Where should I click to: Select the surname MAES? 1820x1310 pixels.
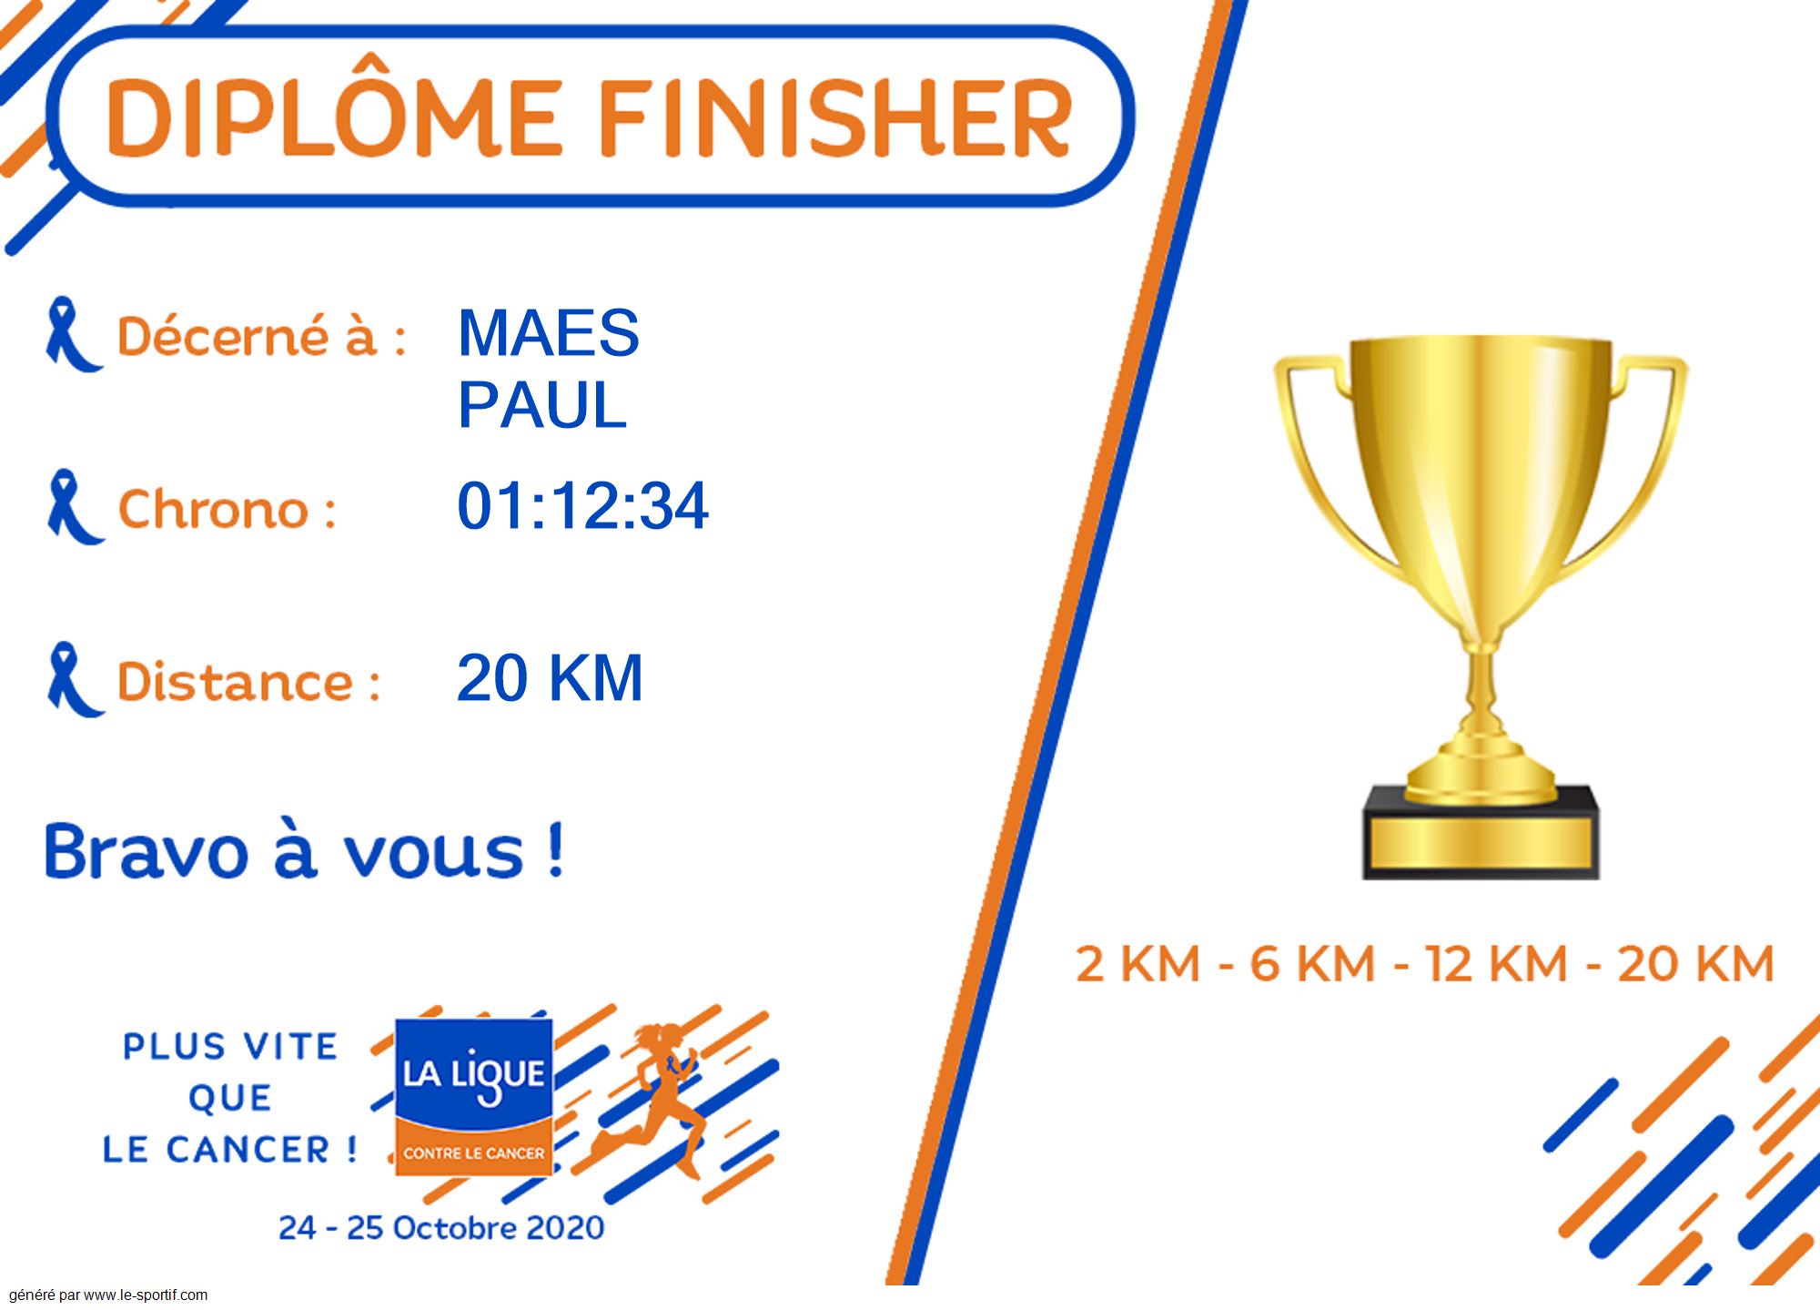[549, 333]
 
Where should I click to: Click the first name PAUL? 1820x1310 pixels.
[542, 405]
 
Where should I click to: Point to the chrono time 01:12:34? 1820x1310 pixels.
[582, 506]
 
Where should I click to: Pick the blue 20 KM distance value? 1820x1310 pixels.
[550, 678]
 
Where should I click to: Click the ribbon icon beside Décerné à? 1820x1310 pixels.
[72, 334]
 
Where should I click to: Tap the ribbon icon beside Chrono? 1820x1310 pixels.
[74, 507]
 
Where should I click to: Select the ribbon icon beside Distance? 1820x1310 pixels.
[74, 679]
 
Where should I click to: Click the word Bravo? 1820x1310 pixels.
[147, 852]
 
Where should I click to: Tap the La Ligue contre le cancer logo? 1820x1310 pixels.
[473, 1096]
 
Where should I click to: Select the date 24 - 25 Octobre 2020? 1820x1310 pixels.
[441, 1228]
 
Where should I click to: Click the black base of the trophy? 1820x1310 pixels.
[1481, 833]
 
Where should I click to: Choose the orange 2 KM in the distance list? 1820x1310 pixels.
[1137, 964]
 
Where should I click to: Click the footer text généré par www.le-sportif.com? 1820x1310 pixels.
[108, 1295]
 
